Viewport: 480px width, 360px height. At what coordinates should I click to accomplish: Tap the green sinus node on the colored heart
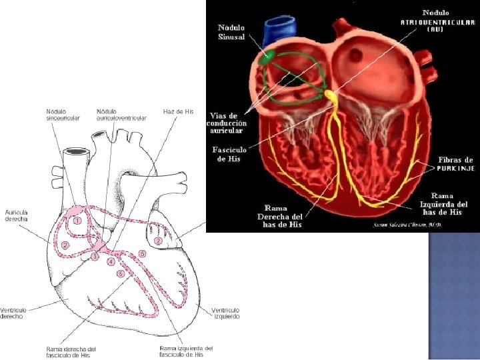pyautogui.click(x=266, y=58)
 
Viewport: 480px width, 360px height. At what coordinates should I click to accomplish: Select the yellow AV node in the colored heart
pyautogui.click(x=330, y=95)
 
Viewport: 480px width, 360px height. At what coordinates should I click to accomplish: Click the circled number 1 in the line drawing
pyautogui.click(x=78, y=219)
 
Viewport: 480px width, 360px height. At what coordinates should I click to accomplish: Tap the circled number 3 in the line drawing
pyautogui.click(x=95, y=256)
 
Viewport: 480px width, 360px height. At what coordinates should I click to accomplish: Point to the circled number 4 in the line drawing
pyautogui.click(x=111, y=262)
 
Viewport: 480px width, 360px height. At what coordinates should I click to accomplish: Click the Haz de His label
pyautogui.click(x=178, y=111)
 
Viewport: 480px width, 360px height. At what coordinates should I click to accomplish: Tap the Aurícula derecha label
pyautogui.click(x=16, y=215)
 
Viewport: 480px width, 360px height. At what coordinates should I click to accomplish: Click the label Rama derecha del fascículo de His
pyautogui.click(x=71, y=351)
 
